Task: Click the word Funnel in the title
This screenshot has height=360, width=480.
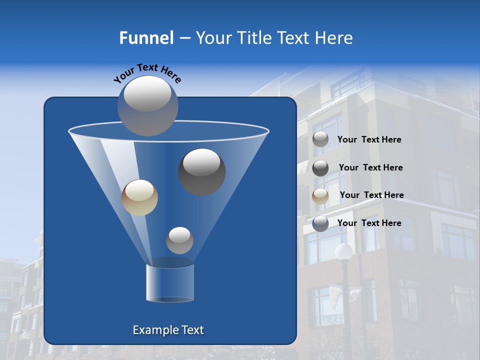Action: point(146,38)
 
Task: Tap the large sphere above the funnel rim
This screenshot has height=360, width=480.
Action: point(148,105)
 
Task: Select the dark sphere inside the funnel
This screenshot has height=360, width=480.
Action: point(202,172)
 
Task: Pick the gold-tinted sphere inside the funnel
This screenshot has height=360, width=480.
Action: point(139,197)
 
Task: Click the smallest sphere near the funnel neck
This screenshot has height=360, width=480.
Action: point(179,240)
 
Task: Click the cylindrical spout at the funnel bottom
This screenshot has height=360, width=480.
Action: point(170,283)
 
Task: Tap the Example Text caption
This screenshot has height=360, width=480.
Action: point(168,330)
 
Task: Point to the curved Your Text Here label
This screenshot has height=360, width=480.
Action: point(147,73)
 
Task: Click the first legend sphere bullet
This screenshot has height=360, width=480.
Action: point(320,139)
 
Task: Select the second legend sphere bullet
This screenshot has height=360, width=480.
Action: point(320,167)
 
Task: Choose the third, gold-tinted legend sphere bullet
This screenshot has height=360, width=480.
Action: point(320,195)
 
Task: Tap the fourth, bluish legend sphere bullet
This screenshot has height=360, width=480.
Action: point(320,223)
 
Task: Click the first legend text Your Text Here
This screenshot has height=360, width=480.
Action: point(369,140)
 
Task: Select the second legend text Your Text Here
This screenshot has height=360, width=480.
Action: point(370,167)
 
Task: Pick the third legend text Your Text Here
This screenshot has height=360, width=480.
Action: point(371,195)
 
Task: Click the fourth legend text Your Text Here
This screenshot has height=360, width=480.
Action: point(369,223)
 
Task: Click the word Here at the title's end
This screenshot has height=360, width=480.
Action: point(334,38)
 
